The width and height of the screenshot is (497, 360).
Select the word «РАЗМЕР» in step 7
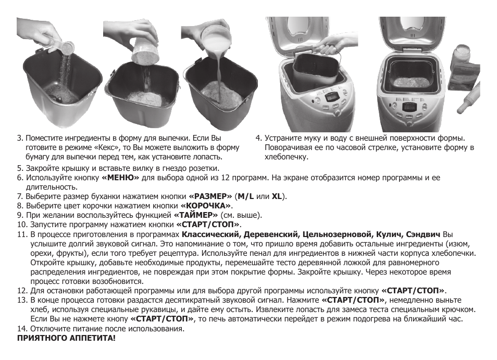[x=210, y=196]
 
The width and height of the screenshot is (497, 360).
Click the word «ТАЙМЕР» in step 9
[x=196, y=215]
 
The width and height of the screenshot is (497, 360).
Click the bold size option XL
[x=277, y=196]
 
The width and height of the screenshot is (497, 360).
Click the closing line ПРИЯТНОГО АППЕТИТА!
[x=66, y=338]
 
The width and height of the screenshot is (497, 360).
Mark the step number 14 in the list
[x=21, y=329]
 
